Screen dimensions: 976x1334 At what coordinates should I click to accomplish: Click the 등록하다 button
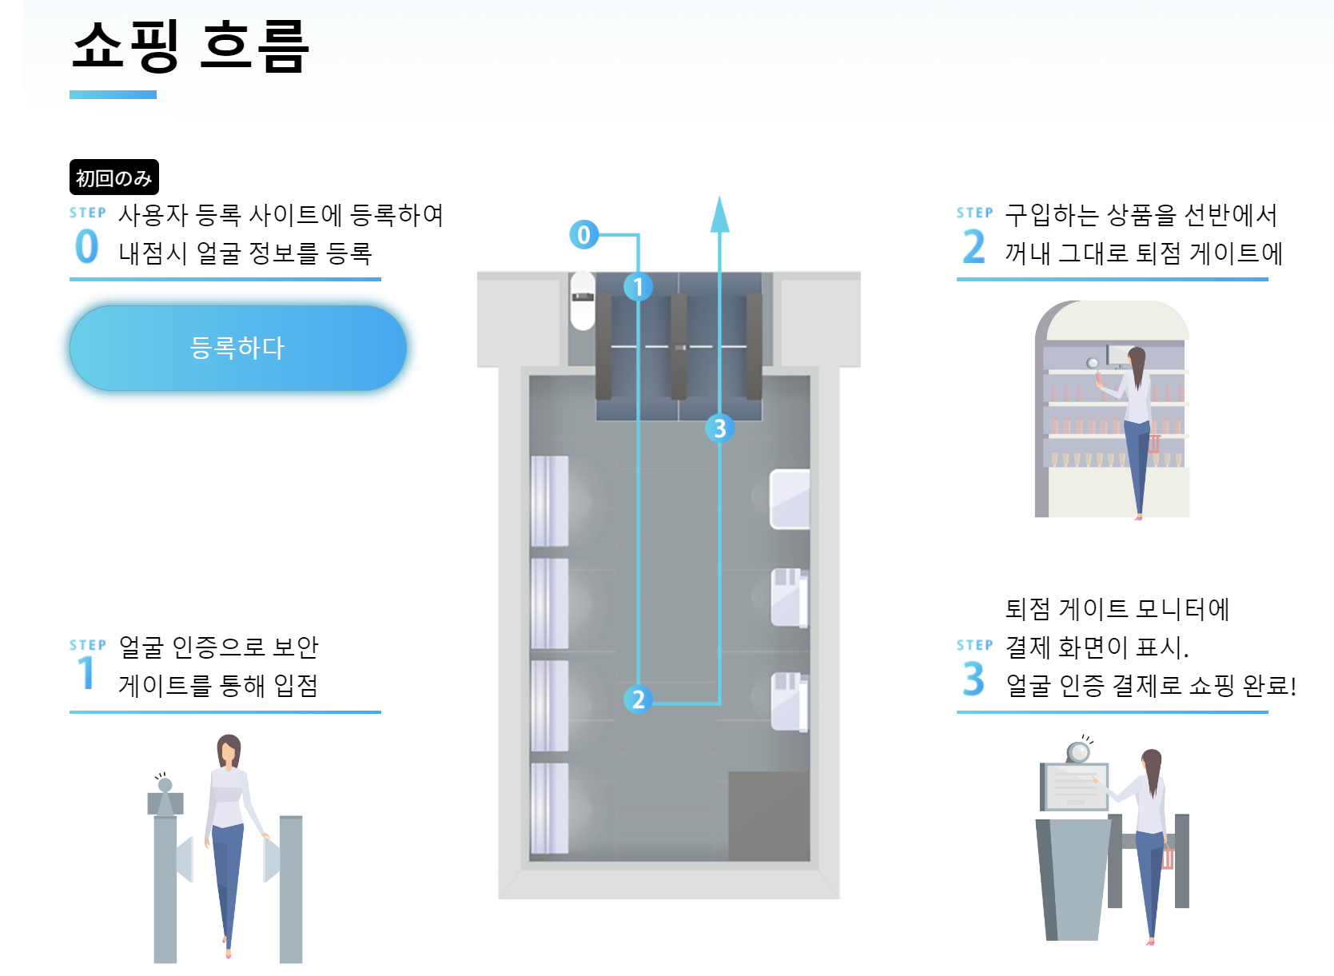pyautogui.click(x=238, y=348)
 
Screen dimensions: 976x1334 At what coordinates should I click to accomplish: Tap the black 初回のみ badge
pyautogui.click(x=113, y=177)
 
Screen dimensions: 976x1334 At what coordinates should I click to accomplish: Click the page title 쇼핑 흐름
pyautogui.click(x=190, y=46)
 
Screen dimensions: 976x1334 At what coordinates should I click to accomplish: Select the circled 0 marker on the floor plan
pyautogui.click(x=583, y=234)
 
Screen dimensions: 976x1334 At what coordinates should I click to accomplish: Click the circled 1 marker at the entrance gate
pyautogui.click(x=638, y=286)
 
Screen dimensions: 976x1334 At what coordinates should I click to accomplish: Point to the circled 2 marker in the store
pyautogui.click(x=638, y=699)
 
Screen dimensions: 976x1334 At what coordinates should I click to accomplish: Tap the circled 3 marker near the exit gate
pyautogui.click(x=719, y=428)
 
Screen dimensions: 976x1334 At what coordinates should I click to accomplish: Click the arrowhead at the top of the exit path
pyautogui.click(x=720, y=214)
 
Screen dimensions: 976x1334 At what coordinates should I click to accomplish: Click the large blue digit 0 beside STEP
pyautogui.click(x=87, y=246)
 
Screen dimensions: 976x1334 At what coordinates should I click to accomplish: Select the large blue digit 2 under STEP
pyautogui.click(x=974, y=246)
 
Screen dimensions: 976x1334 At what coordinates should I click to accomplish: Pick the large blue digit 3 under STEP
pyautogui.click(x=974, y=679)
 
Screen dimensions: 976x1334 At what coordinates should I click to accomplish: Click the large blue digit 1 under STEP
pyautogui.click(x=86, y=673)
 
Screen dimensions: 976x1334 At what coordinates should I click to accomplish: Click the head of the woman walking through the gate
pyautogui.click(x=229, y=751)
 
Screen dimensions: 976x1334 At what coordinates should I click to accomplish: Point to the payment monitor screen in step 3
pyautogui.click(x=1076, y=786)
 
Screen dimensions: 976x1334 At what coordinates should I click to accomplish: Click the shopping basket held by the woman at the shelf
pyautogui.click(x=1154, y=443)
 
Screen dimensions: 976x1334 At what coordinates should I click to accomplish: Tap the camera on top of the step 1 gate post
pyautogui.click(x=165, y=785)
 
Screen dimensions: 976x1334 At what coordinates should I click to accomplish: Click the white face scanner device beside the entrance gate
pyautogui.click(x=583, y=300)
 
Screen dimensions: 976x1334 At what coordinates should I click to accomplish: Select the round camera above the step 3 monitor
pyautogui.click(x=1079, y=751)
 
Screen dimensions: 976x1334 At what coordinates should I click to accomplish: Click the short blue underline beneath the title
pyautogui.click(x=113, y=95)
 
